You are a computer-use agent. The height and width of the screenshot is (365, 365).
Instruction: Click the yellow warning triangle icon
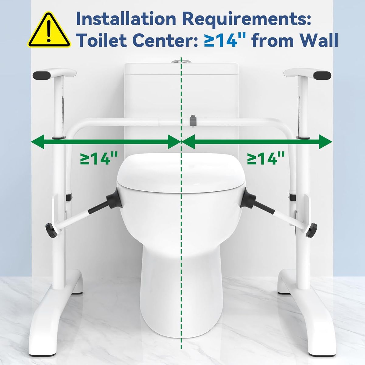point(49,30)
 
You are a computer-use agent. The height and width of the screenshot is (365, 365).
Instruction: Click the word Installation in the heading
point(126,19)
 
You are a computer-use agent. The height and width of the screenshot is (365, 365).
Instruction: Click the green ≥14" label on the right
point(266,158)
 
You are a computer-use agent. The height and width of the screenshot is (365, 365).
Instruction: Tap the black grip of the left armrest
point(42,75)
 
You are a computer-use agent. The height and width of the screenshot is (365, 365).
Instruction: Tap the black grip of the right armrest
point(322,75)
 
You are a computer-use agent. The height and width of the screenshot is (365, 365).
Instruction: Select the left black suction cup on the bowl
point(113,199)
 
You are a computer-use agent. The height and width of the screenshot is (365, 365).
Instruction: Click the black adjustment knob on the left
point(51,230)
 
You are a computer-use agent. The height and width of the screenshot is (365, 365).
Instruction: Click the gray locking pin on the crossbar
point(193,120)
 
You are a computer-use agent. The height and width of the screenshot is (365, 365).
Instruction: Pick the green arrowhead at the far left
point(37,142)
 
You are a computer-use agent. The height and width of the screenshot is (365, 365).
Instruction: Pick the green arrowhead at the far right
point(325,142)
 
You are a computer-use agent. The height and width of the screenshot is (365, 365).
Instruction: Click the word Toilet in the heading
point(102,40)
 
